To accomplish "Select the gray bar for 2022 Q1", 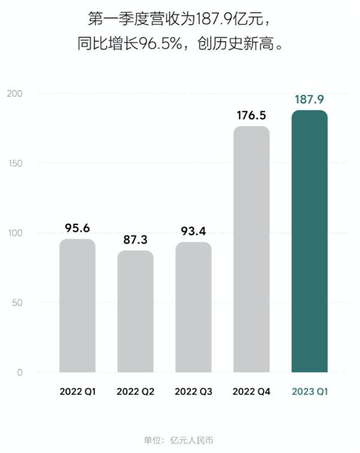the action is (77, 305).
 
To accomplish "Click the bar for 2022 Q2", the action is (135, 311).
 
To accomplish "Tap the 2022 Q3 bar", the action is (193, 307).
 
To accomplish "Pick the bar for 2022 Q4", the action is (251, 249).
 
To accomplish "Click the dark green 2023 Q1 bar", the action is (310, 241).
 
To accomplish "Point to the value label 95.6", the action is (77, 228).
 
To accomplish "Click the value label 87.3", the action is (135, 239).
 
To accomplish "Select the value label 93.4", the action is (193, 231).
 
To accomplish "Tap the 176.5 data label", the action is (251, 115).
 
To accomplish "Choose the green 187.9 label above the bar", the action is (310, 100).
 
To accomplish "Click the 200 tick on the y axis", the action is (15, 94).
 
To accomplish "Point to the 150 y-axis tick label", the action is (16, 163).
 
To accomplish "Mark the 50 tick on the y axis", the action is (17, 303).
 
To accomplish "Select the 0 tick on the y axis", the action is (20, 373).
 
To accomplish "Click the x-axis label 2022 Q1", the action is (77, 392).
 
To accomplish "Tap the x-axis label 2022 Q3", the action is (193, 392).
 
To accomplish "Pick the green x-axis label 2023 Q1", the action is (310, 392).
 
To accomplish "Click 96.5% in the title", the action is (161, 44).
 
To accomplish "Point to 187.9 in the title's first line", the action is (215, 19).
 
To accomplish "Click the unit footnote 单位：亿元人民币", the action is (179, 440).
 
